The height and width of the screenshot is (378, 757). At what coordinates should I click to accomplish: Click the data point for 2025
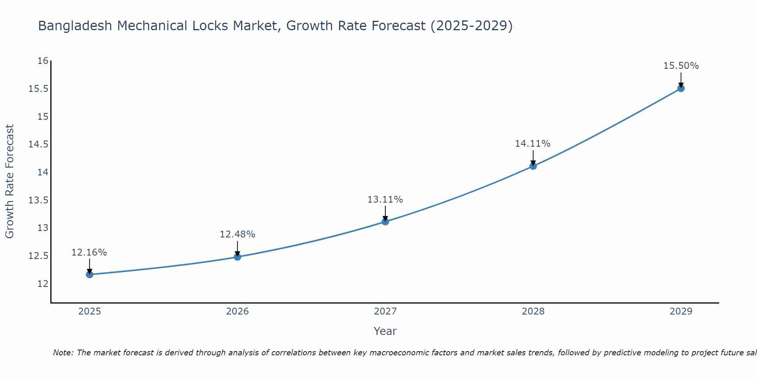tap(90, 274)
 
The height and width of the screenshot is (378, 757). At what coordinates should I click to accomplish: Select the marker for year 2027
tap(385, 222)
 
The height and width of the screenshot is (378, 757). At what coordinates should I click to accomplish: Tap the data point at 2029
tap(681, 88)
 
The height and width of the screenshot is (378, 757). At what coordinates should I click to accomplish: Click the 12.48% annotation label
tap(237, 234)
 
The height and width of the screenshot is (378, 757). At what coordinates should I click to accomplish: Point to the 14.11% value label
tap(533, 144)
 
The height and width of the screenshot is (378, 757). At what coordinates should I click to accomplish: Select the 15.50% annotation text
tap(681, 66)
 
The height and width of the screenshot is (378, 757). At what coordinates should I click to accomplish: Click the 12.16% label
tap(89, 253)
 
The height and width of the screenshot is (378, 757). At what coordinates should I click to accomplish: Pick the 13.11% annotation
tap(385, 200)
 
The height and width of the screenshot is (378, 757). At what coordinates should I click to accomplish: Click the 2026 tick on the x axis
tap(237, 311)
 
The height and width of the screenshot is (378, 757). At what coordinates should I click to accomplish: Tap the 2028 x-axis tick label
tap(533, 311)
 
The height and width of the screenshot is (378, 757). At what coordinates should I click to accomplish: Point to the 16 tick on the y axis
tap(43, 61)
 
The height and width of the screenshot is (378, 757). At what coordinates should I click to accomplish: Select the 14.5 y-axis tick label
tap(39, 144)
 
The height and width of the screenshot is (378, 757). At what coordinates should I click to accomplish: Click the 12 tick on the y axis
tap(43, 283)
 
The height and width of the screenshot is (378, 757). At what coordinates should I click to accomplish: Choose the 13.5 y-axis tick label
tap(39, 200)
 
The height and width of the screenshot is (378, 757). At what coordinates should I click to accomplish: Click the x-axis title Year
tap(385, 331)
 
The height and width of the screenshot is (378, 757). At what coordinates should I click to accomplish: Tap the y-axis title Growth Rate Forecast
tap(9, 181)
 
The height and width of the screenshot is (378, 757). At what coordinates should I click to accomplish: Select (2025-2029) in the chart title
tap(472, 26)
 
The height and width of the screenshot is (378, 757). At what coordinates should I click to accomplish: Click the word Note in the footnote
tap(61, 353)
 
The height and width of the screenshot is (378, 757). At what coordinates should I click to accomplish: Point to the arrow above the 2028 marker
tap(533, 157)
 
